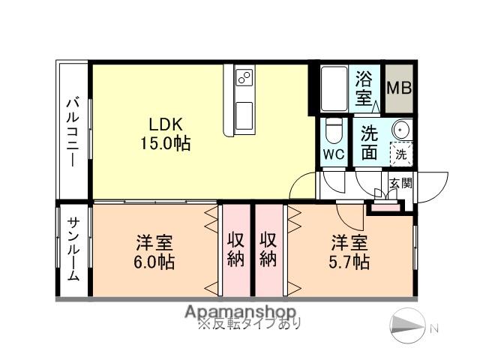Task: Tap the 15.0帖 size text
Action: [x=164, y=142]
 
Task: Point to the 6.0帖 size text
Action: [x=155, y=262]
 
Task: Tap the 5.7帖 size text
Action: [x=350, y=262]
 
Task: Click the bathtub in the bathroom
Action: [x=334, y=89]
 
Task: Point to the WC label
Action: [x=334, y=154]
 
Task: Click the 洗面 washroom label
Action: [x=369, y=142]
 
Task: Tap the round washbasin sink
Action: [x=400, y=130]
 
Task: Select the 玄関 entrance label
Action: [x=400, y=182]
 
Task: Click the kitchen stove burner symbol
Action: [x=244, y=77]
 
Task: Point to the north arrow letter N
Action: [x=433, y=327]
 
